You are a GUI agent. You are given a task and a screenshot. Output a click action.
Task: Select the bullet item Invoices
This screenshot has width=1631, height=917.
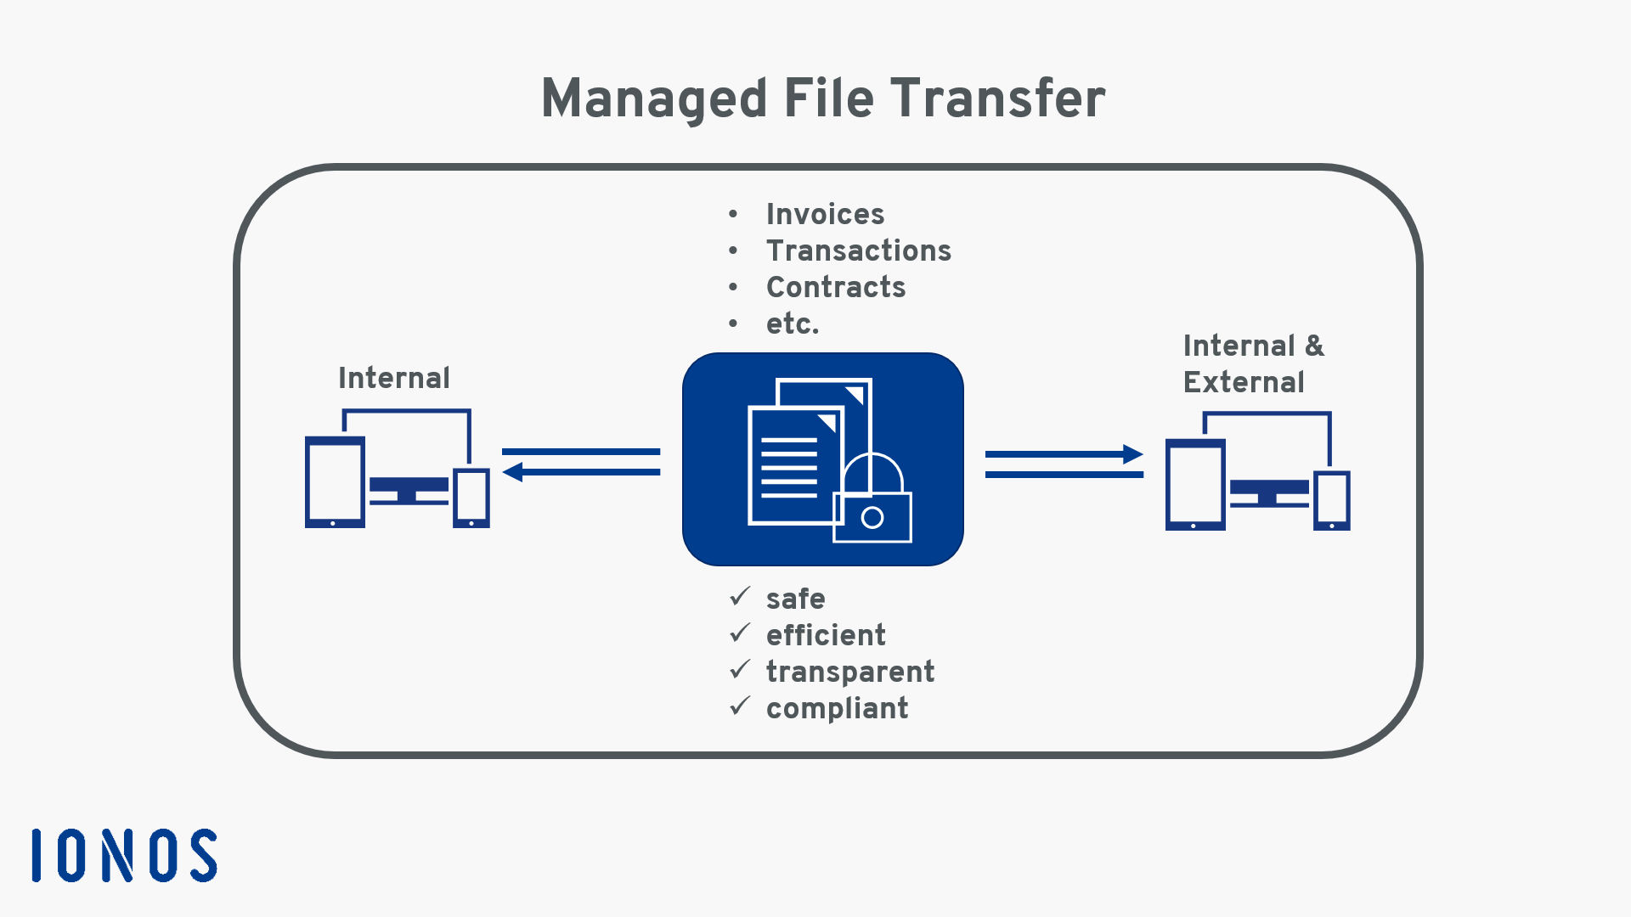[x=825, y=214]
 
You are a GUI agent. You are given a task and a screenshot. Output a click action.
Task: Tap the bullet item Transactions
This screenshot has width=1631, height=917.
[x=858, y=250]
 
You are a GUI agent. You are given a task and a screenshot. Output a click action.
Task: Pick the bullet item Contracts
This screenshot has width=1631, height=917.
[x=836, y=287]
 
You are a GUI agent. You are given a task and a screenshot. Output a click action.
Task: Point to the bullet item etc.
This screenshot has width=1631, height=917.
[x=792, y=323]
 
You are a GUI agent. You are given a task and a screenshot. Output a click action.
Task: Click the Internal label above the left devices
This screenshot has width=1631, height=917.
[x=394, y=378]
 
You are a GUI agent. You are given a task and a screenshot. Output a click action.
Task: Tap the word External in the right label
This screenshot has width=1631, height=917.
[x=1244, y=382]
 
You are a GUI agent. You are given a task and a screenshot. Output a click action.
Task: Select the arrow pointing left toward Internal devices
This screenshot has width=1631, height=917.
[x=581, y=471]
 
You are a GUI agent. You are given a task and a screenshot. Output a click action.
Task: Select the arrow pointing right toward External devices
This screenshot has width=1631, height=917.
[x=1064, y=454]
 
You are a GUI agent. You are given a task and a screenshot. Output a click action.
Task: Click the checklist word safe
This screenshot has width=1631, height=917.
[x=795, y=599]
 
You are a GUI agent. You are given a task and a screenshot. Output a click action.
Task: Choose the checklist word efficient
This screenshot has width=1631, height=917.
[x=826, y=635]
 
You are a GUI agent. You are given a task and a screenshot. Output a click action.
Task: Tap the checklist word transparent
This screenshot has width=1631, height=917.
[x=849, y=672]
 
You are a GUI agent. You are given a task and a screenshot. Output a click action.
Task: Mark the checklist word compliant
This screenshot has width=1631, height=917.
[x=837, y=708]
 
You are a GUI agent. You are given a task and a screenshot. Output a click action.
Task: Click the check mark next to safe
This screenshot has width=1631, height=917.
[x=740, y=597]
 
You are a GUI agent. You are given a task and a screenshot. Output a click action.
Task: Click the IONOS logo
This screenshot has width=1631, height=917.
[x=125, y=855]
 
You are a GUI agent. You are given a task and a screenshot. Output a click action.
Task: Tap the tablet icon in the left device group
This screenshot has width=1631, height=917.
[x=335, y=481]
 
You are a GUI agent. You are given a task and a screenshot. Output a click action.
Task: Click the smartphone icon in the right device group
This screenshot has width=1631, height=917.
[x=1331, y=501]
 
